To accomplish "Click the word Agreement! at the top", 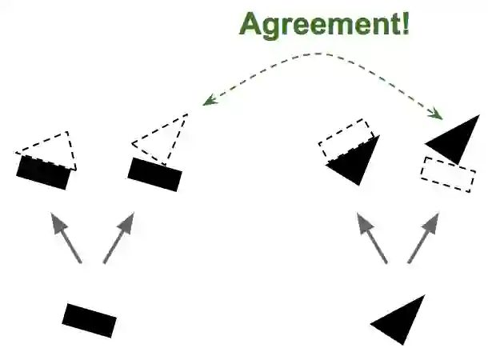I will [324, 23].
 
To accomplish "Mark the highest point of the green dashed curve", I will [324, 54].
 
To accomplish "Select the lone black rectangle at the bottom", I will [90, 320].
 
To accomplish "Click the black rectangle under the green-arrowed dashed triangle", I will [155, 174].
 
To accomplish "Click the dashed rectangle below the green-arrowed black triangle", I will [448, 174].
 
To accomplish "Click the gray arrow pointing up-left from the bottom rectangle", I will [66, 237].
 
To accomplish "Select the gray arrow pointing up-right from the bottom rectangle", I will [118, 237].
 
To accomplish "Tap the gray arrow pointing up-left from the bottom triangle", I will [373, 238].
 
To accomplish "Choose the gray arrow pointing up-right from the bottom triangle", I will [423, 237].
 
